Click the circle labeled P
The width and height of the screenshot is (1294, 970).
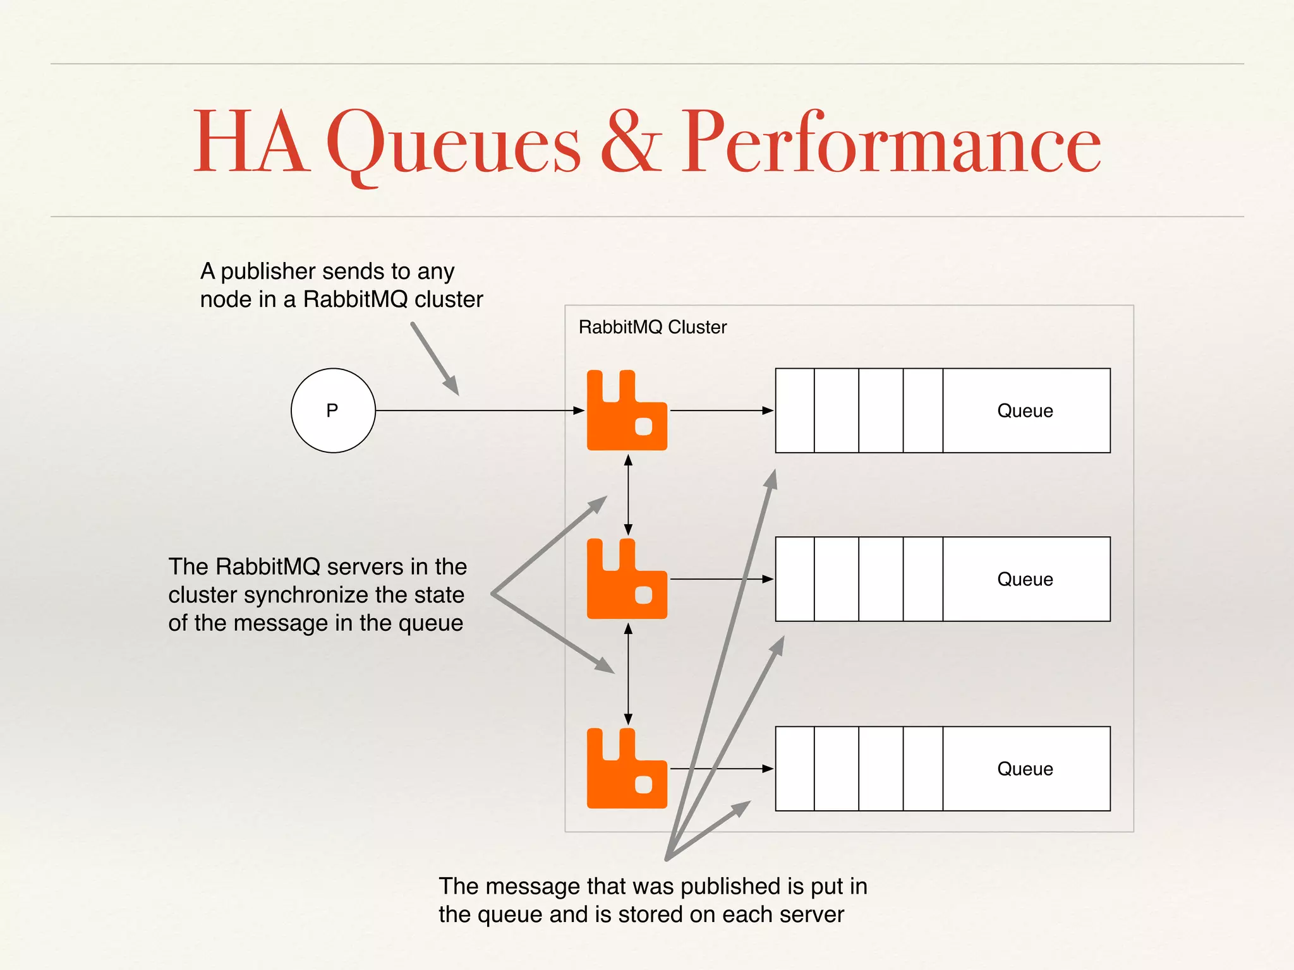[333, 410]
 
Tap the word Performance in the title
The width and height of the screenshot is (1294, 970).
[891, 142]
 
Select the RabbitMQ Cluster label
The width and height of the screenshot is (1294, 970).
[652, 327]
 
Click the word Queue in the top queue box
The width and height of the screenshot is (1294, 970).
[1025, 411]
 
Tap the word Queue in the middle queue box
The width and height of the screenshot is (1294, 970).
[1025, 580]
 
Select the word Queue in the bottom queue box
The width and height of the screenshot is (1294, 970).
[1025, 769]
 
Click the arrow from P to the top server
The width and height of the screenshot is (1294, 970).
[480, 410]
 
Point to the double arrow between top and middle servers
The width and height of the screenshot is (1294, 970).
[628, 494]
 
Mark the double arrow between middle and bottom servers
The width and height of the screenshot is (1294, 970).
[628, 673]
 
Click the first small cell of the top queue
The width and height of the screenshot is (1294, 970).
[795, 410]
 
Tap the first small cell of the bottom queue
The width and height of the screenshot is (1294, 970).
[795, 769]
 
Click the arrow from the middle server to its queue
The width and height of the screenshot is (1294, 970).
[720, 579]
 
